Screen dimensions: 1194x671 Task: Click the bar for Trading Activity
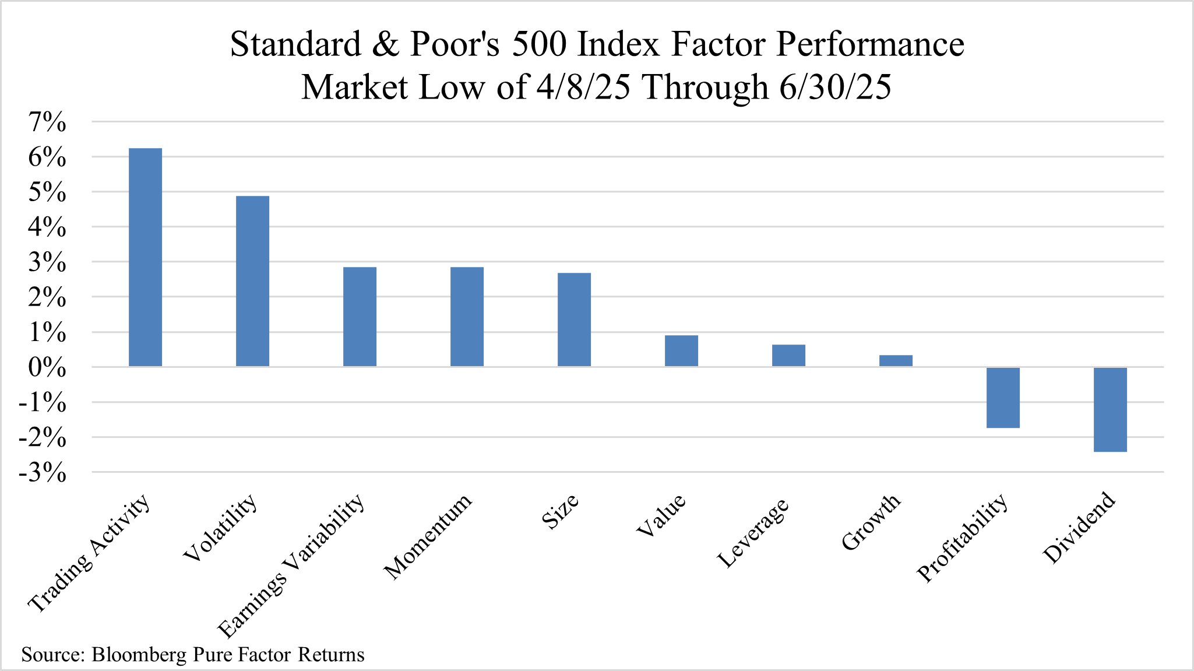click(x=145, y=257)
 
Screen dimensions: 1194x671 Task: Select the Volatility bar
click(x=252, y=281)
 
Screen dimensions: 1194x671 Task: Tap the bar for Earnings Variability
click(x=360, y=317)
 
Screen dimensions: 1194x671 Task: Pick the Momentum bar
click(x=467, y=317)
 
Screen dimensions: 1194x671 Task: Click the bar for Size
click(x=574, y=319)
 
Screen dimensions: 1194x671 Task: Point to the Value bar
click(x=681, y=351)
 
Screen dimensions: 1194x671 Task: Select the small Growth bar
click(x=896, y=361)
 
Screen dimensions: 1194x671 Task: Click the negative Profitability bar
click(x=1003, y=398)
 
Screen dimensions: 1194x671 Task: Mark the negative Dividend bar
click(x=1110, y=410)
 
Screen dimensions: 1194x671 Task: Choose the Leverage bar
click(x=788, y=356)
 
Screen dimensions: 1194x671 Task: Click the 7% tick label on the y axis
click(x=47, y=122)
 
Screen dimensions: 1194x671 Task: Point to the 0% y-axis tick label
click(x=47, y=368)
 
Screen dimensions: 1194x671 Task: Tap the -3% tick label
click(x=43, y=473)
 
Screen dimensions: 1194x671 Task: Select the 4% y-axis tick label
click(x=47, y=227)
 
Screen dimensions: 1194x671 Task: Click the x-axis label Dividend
click(x=1079, y=528)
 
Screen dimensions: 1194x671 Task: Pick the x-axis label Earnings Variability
click(x=291, y=566)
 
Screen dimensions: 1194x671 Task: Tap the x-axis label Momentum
click(x=428, y=537)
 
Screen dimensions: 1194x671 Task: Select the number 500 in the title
click(x=538, y=44)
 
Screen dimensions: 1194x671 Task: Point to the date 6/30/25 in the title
click(x=834, y=87)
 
